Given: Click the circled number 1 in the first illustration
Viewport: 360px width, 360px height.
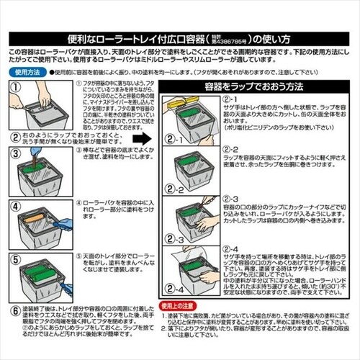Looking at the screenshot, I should click(x=15, y=86).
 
